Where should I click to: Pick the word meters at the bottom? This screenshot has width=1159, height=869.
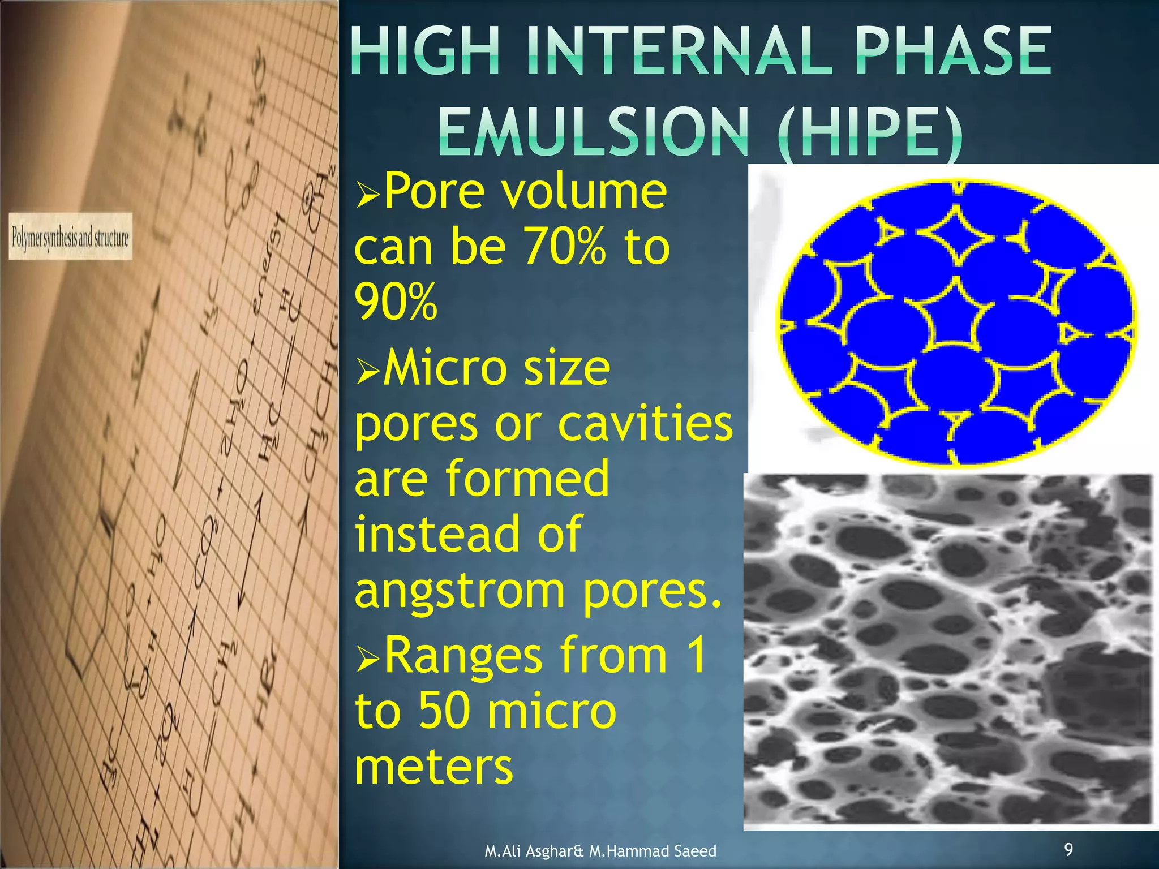(x=433, y=767)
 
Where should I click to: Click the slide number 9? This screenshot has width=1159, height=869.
(x=1068, y=849)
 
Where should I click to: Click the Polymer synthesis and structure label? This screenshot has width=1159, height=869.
(x=70, y=237)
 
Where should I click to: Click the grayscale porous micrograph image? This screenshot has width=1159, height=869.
(x=948, y=651)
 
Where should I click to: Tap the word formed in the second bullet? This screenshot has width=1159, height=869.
(x=527, y=479)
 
